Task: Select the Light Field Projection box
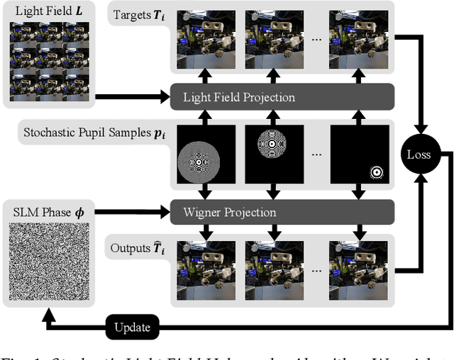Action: (x=282, y=96)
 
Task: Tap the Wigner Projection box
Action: (x=282, y=211)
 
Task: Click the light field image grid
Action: (x=50, y=60)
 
